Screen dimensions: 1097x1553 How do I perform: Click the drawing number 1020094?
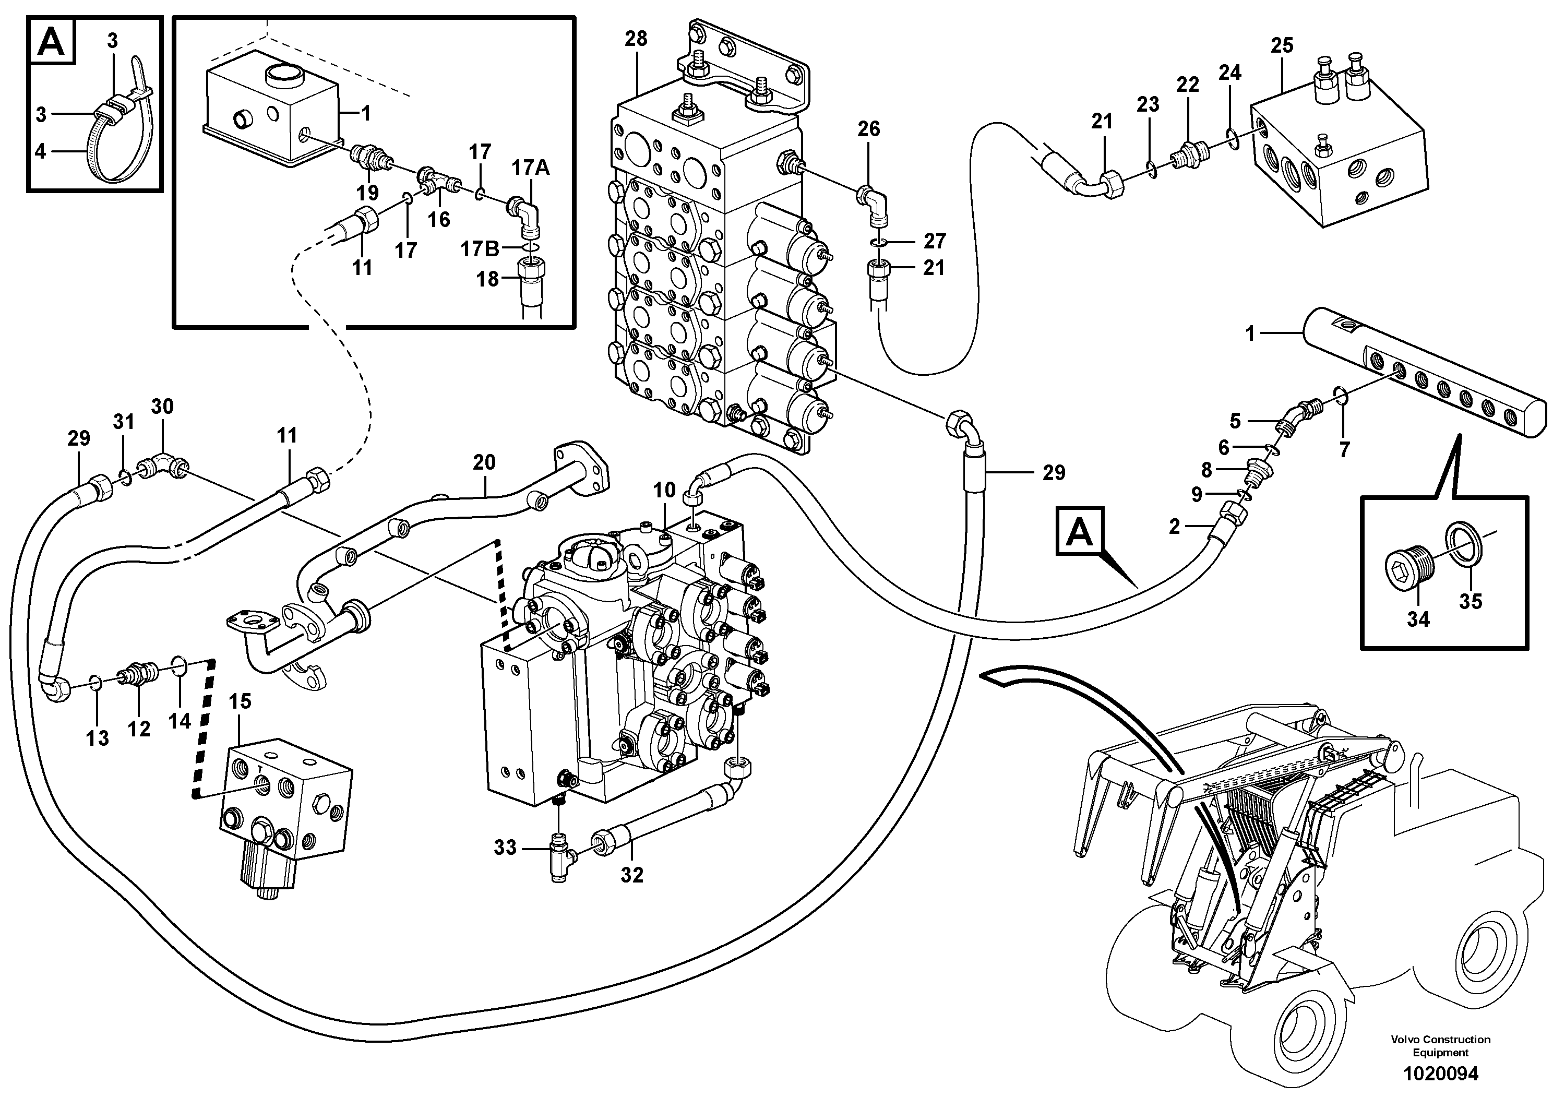pyautogui.click(x=1440, y=1074)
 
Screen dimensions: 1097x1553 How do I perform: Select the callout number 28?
pyautogui.click(x=636, y=39)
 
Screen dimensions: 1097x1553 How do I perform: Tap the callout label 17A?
pyautogui.click(x=530, y=167)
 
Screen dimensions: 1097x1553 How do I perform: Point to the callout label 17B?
pyautogui.click(x=480, y=249)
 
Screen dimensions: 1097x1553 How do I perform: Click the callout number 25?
pyautogui.click(x=1282, y=45)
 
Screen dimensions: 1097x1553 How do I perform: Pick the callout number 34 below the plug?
pyautogui.click(x=1418, y=619)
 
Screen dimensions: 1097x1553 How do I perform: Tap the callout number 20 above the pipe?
pyautogui.click(x=484, y=462)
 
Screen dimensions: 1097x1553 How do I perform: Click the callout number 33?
pyautogui.click(x=505, y=848)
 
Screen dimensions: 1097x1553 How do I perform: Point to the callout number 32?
pyautogui.click(x=632, y=875)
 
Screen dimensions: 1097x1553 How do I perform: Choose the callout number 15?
pyautogui.click(x=240, y=701)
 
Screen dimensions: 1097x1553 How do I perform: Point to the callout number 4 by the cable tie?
pyautogui.click(x=41, y=151)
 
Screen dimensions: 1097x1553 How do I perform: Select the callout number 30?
pyautogui.click(x=162, y=407)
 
